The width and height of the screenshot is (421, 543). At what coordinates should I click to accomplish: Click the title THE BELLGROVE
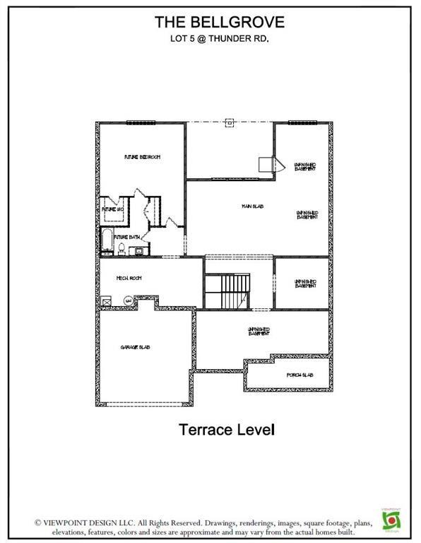(210, 23)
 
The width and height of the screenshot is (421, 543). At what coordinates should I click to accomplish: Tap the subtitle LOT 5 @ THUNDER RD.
(210, 39)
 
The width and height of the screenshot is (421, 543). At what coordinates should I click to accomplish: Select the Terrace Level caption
(225, 428)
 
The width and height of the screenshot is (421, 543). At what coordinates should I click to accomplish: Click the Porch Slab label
(299, 375)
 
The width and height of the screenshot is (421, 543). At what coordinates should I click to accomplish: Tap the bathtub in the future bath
(106, 241)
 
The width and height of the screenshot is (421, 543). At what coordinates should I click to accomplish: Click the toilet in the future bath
(121, 248)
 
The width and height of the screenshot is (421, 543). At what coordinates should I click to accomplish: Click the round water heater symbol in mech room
(128, 300)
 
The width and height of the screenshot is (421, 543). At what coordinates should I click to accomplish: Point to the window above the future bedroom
(141, 122)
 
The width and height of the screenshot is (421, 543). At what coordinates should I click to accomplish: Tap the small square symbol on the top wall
(229, 122)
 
